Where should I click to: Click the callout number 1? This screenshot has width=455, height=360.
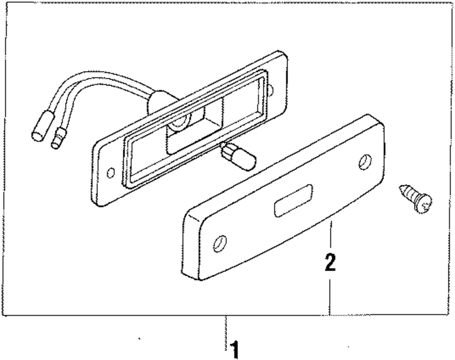click(234, 350)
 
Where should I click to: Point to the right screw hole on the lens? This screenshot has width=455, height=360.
click(364, 162)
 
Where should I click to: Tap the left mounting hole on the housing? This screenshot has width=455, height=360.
click(110, 173)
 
